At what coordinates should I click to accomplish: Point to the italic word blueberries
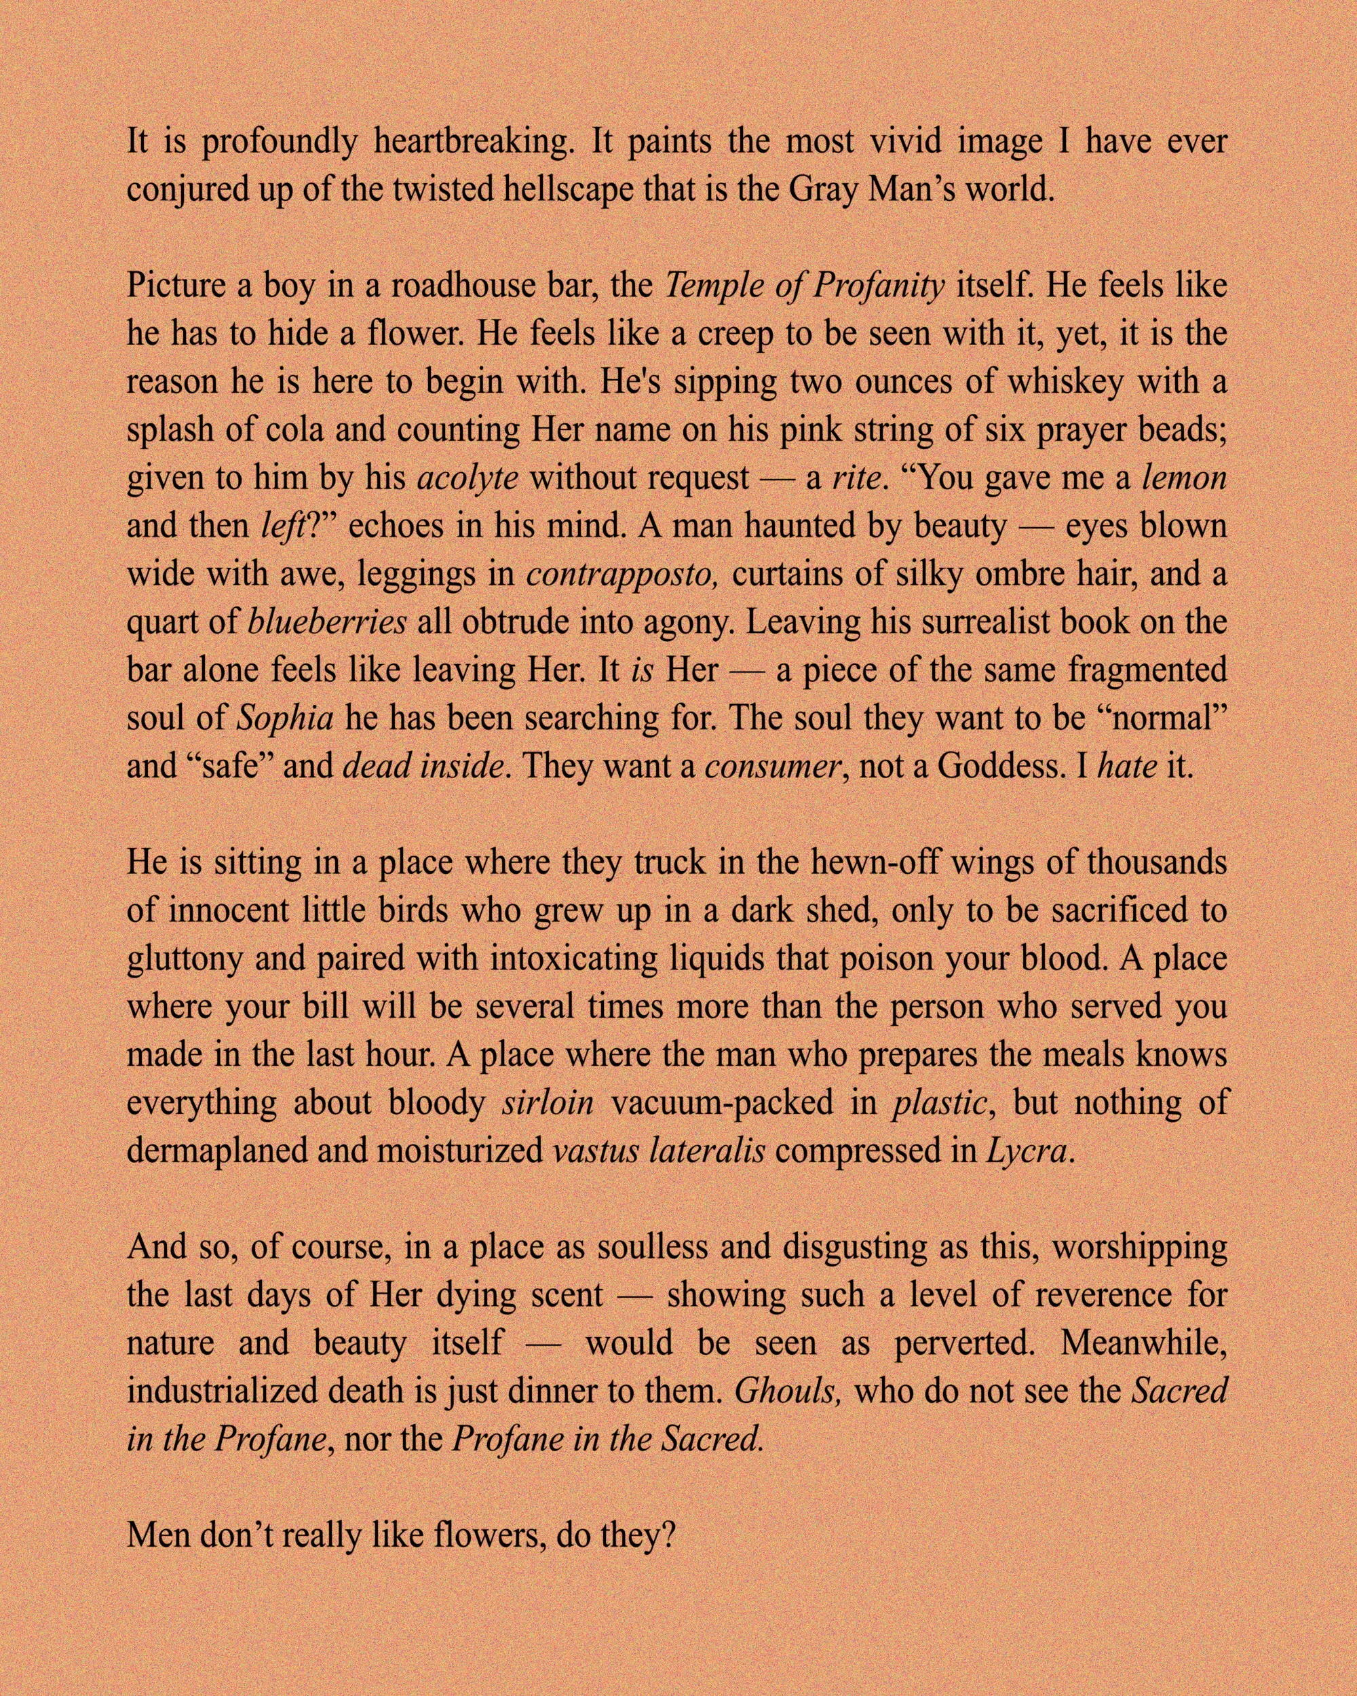(327, 622)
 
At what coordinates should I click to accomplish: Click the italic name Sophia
(285, 718)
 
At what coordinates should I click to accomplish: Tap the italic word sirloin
(548, 1103)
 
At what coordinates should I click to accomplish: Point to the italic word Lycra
(1027, 1151)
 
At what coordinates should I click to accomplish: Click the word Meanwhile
(1143, 1342)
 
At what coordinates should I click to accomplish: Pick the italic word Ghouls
(788, 1391)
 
